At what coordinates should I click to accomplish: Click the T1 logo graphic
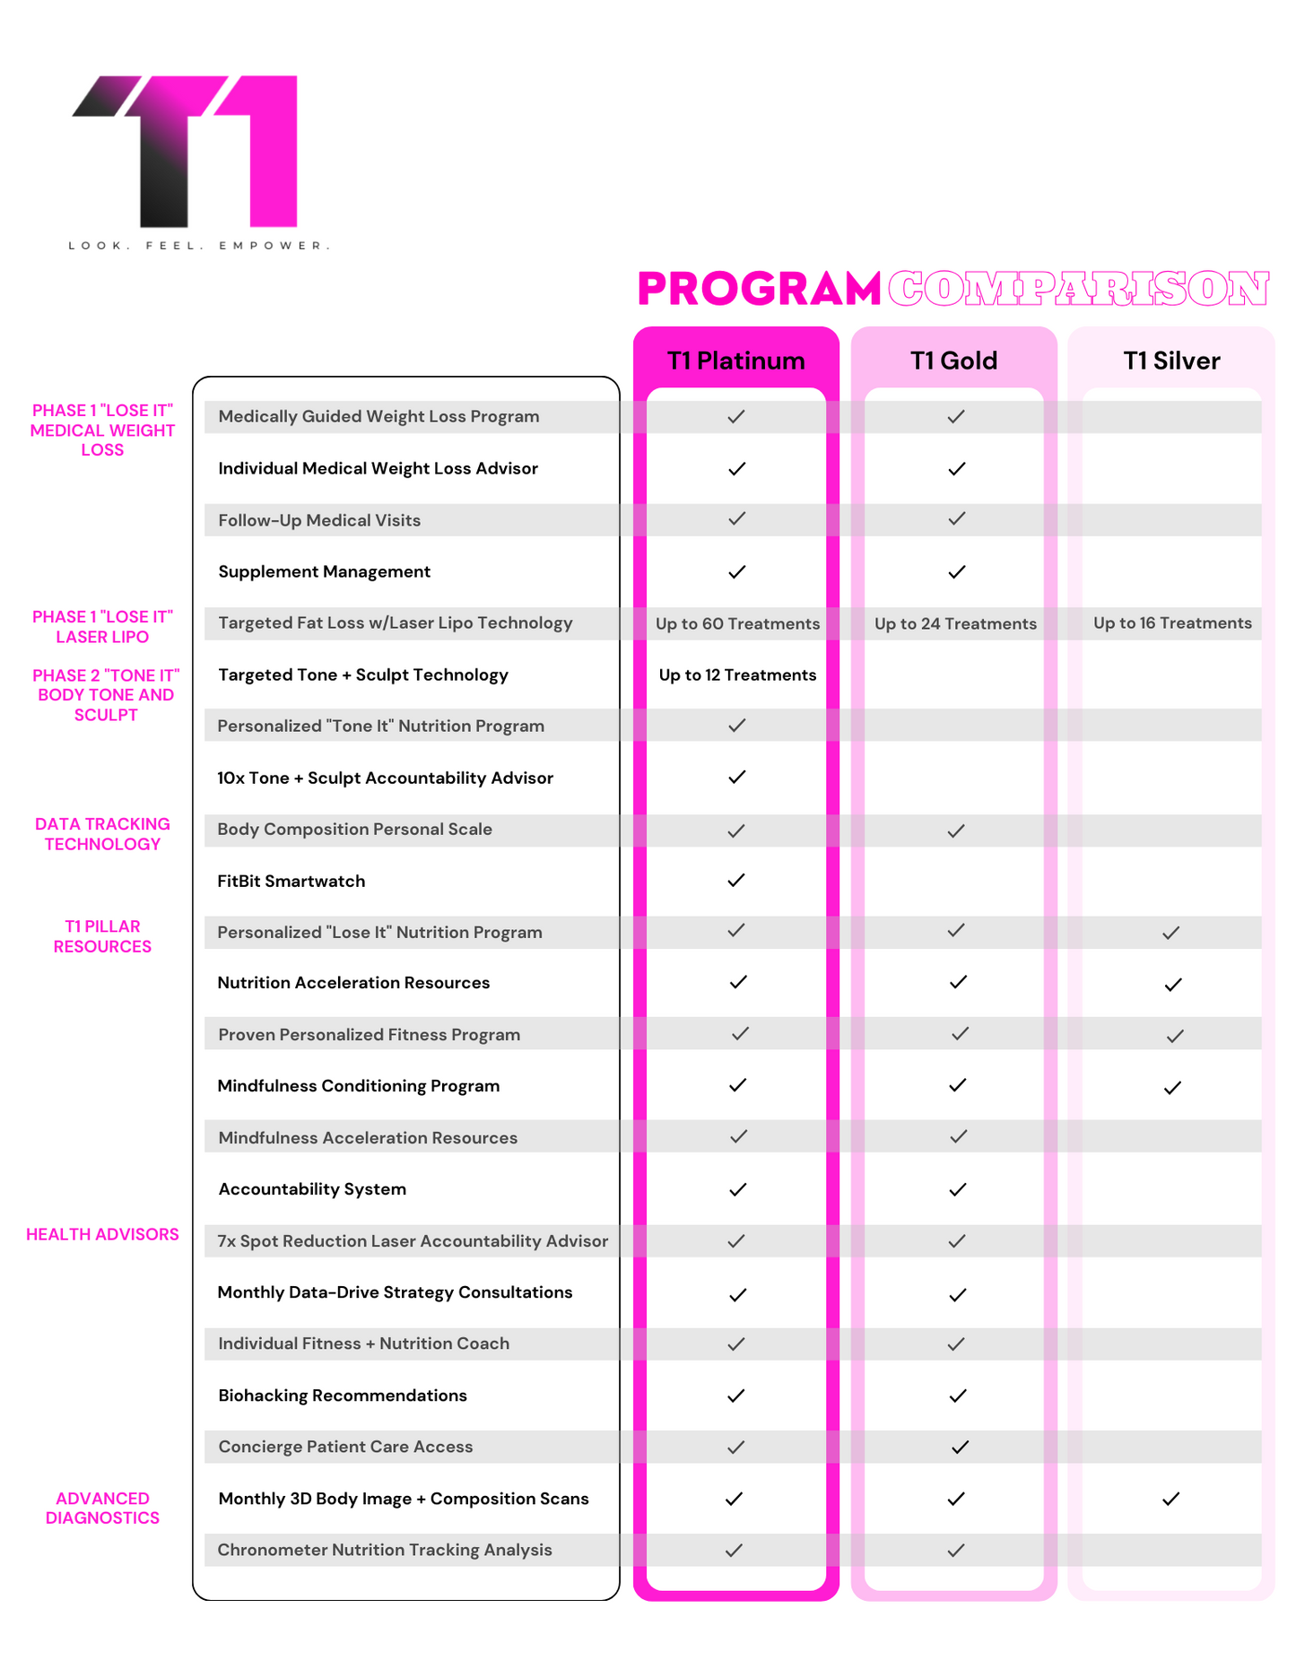pos(188,150)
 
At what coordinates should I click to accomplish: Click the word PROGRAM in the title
pos(759,289)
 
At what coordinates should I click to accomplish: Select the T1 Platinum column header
pos(735,361)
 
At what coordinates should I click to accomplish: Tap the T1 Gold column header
pos(953,361)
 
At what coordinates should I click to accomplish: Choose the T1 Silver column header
pos(1171,361)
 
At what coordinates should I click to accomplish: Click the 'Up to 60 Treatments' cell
pos(737,624)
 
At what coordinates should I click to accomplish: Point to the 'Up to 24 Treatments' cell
pos(955,624)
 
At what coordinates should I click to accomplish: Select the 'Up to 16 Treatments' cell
pos(1172,623)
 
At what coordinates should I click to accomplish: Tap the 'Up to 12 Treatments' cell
pos(737,675)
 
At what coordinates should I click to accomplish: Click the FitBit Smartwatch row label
pos(291,882)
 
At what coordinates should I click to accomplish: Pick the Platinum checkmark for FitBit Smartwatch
pos(736,881)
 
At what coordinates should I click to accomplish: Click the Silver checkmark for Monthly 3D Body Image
pos(1170,1499)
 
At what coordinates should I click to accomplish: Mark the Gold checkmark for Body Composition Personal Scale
pos(956,830)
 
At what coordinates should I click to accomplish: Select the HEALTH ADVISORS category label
pos(102,1234)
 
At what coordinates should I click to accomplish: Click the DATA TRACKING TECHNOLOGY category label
pos(102,834)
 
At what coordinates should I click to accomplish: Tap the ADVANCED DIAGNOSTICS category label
pos(102,1508)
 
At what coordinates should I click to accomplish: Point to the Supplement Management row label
pos(325,572)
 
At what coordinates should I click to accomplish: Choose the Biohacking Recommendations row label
pos(343,1395)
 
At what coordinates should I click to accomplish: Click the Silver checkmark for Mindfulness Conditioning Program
pos(1172,1088)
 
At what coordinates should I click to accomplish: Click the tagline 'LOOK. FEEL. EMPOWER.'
pos(199,246)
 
